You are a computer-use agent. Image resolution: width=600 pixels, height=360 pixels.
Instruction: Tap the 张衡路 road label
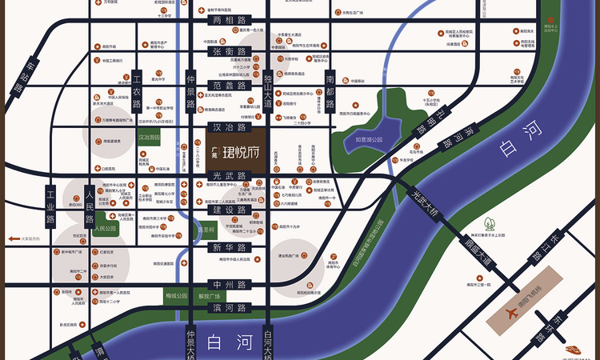228,51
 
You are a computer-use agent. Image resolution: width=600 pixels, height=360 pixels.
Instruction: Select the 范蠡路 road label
228,84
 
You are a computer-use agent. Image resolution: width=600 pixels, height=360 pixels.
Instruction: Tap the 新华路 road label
228,248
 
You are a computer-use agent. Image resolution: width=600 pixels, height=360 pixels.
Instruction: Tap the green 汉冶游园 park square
148,138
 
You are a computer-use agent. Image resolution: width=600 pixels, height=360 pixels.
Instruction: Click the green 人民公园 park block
105,228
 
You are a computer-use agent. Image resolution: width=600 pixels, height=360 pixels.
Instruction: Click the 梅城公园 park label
176,296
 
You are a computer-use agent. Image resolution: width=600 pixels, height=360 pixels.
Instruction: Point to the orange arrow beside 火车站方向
13,238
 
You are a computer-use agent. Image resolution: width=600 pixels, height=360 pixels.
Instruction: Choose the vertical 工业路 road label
50,206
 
